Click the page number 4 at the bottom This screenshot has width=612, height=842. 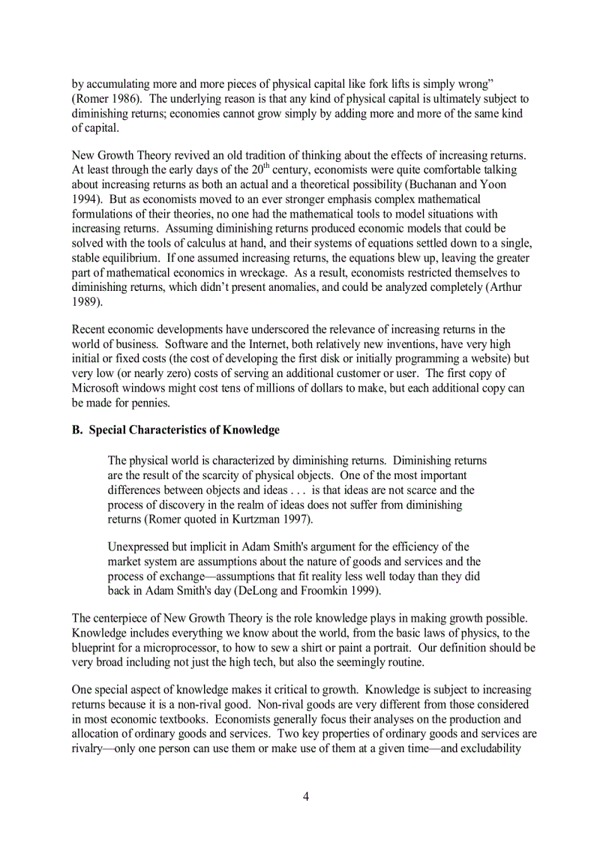306,796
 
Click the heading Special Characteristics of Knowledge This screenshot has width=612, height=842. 184,430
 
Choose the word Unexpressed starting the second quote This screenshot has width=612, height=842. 140,547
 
